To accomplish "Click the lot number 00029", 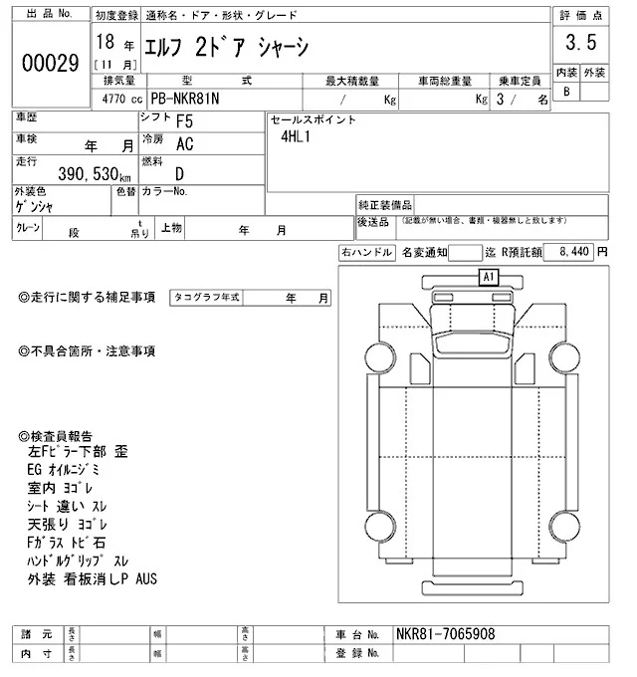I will pyautogui.click(x=50, y=63).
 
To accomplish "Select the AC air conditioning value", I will pyautogui.click(x=185, y=144).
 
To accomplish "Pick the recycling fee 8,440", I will pyautogui.click(x=575, y=253).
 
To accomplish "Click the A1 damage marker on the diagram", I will pyautogui.click(x=488, y=277).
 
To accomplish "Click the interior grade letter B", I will pyautogui.click(x=566, y=92).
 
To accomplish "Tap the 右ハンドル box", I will pyautogui.click(x=366, y=253).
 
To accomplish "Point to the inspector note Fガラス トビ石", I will pyautogui.click(x=68, y=543).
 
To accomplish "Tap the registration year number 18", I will pyautogui.click(x=105, y=41).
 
